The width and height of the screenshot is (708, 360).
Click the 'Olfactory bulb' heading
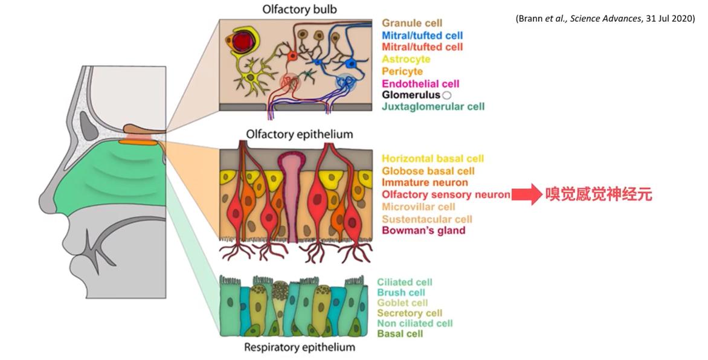coord(299,10)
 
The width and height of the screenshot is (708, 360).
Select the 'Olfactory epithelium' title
coord(299,133)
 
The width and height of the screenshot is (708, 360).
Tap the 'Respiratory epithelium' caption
coord(299,347)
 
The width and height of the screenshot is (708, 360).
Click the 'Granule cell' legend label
coord(412,24)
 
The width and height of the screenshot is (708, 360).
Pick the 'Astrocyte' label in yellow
coord(406,59)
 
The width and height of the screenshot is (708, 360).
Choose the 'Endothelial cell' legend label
coord(420,83)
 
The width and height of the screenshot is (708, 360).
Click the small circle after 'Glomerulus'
coord(447,95)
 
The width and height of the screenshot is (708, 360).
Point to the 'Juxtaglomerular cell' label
coord(433,107)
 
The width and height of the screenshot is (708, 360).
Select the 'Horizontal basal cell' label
coord(433,159)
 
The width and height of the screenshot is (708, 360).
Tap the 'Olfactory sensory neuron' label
coord(446,194)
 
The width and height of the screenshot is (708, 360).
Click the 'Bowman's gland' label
coord(423,231)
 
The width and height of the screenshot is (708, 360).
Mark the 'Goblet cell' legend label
coord(402,303)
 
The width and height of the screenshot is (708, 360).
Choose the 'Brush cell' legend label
coord(401,292)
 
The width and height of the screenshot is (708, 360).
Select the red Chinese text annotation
coord(599,195)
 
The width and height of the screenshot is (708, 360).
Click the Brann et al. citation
coord(605,18)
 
